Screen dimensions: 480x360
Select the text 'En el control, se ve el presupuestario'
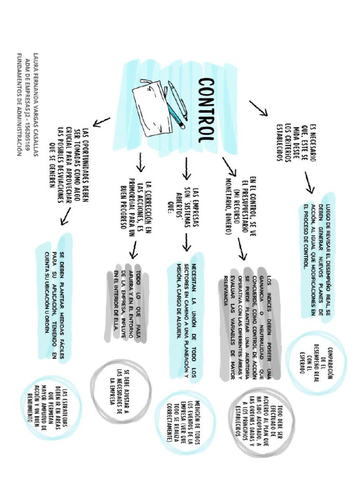coord(241,206)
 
